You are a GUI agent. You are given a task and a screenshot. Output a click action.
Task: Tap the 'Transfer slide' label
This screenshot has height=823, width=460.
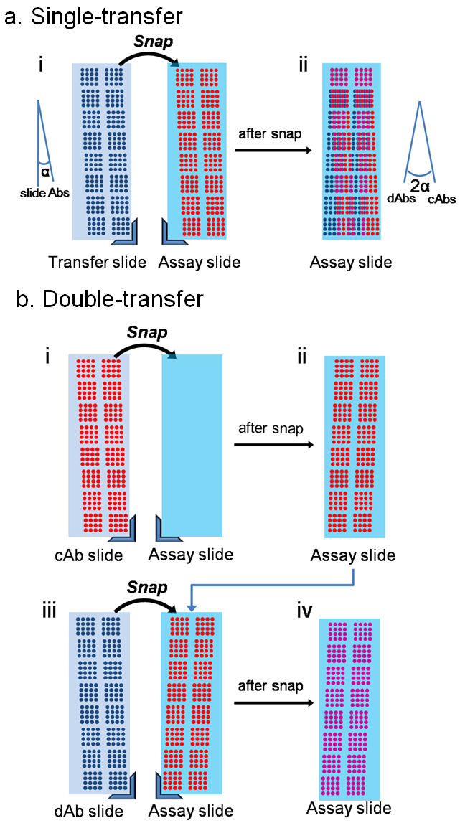pyautogui.click(x=97, y=263)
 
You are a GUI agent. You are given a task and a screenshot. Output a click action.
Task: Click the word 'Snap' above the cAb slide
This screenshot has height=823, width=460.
pyautogui.click(x=147, y=333)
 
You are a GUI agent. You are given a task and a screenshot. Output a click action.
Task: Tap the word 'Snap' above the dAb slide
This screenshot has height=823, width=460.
pyautogui.click(x=147, y=588)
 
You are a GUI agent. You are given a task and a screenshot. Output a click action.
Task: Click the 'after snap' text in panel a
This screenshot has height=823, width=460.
pyautogui.click(x=271, y=131)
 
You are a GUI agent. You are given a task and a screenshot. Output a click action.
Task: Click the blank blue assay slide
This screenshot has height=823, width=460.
pyautogui.click(x=192, y=445)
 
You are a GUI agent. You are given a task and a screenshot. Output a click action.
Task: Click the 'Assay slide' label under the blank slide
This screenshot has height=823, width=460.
pyautogui.click(x=191, y=555)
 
